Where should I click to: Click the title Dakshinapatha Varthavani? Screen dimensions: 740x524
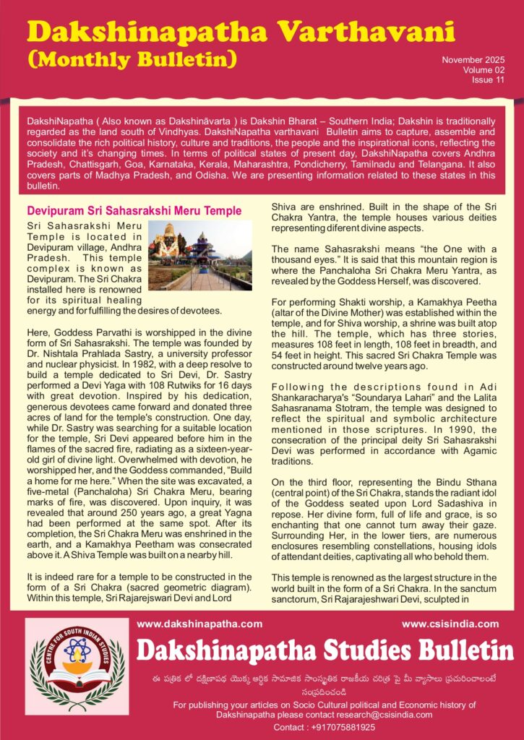pyautogui.click(x=241, y=31)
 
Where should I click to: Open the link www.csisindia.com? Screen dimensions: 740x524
pyautogui.click(x=450, y=624)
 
